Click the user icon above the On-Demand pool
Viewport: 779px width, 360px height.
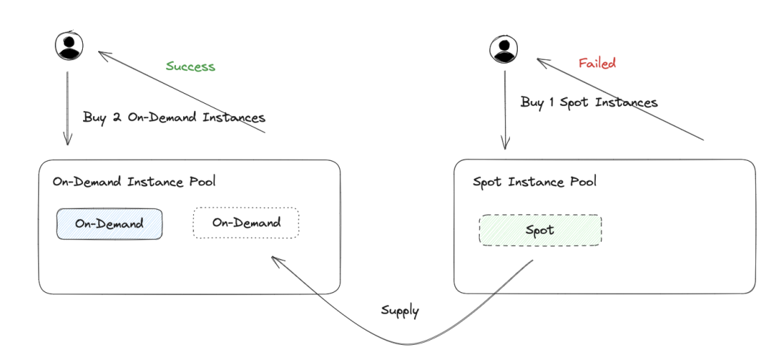click(69, 45)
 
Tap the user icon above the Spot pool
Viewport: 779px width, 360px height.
click(503, 50)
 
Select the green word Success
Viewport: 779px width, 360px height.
click(190, 66)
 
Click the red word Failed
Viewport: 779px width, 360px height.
click(597, 63)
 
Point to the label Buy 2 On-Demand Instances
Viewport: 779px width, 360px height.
click(174, 118)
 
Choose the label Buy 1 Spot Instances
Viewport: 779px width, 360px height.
click(589, 102)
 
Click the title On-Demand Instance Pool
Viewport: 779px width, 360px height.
click(134, 182)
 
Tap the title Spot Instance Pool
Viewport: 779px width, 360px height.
click(534, 182)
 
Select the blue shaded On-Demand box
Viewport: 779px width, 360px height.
click(110, 224)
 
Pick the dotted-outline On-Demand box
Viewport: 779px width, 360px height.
click(247, 223)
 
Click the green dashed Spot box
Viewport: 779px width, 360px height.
click(540, 230)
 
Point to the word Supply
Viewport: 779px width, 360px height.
click(400, 311)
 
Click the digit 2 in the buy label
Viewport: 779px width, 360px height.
click(118, 118)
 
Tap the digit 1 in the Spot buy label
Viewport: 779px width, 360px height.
click(552, 102)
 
